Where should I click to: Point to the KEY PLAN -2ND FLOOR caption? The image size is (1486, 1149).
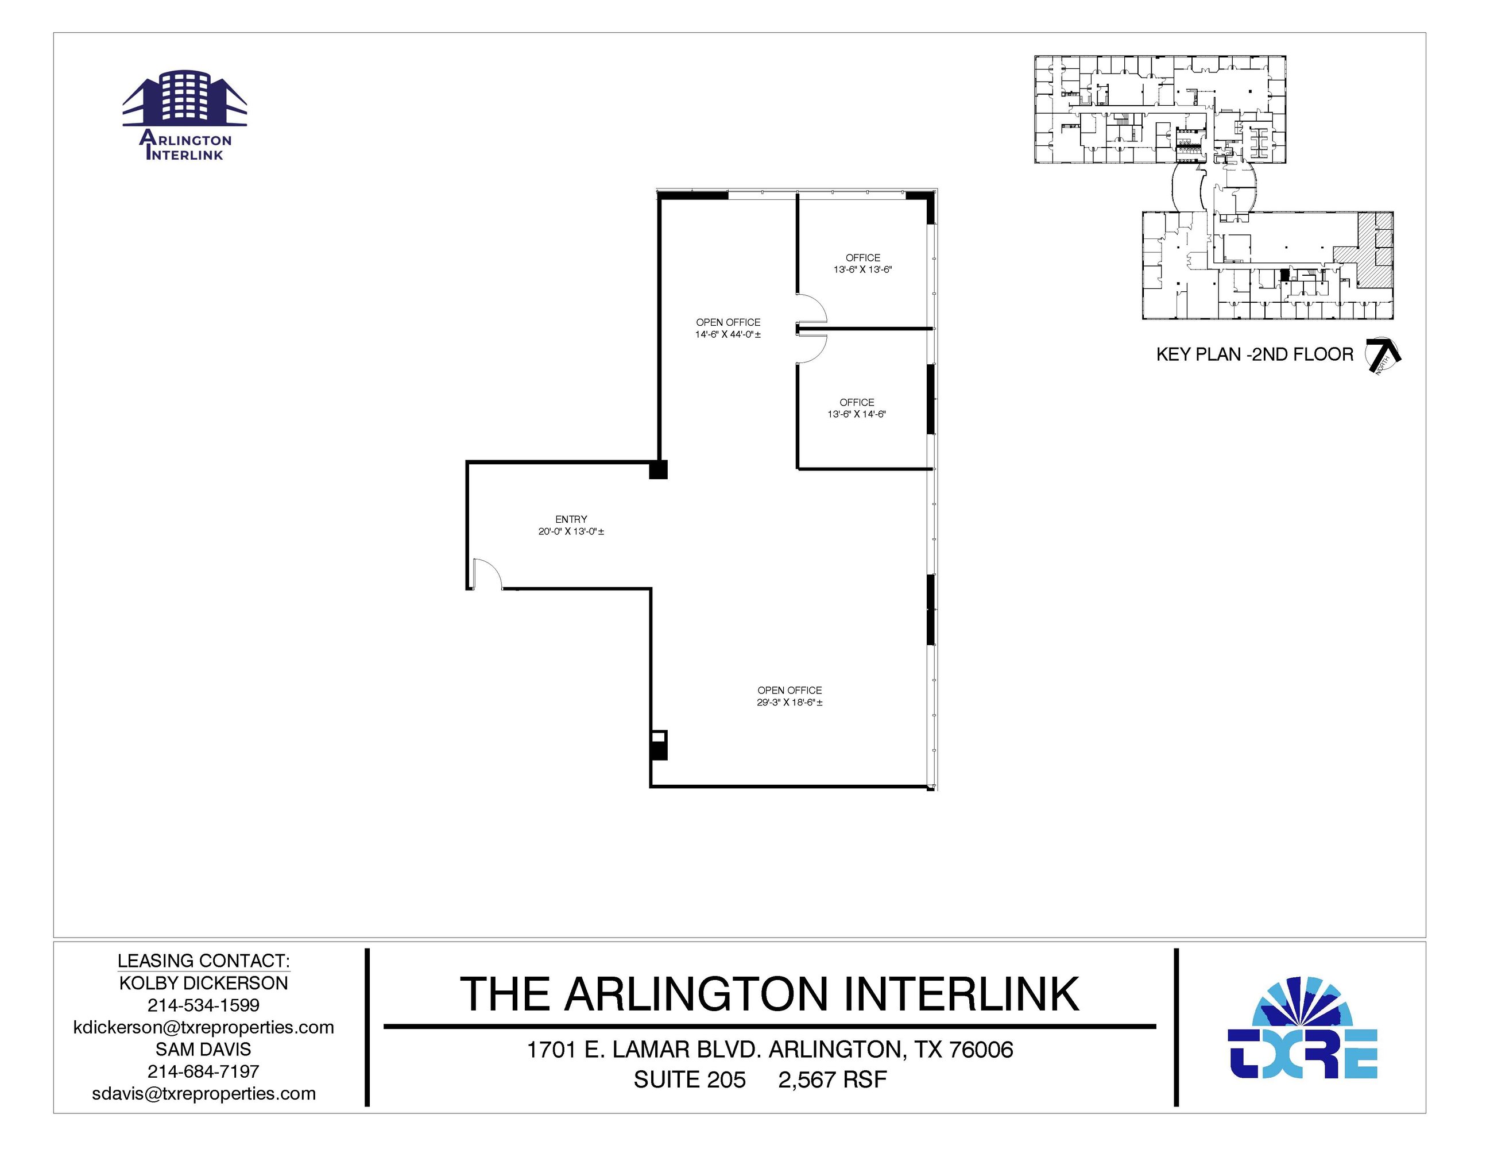1255,354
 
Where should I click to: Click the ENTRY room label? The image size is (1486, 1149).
571,519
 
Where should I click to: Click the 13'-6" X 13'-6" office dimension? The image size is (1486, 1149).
863,269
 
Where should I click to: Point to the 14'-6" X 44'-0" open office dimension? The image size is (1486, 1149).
728,335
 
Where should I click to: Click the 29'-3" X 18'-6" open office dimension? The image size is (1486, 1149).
790,703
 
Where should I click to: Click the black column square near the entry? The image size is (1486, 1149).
658,470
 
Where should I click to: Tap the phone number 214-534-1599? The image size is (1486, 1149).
203,1005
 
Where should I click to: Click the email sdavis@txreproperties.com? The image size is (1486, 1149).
203,1094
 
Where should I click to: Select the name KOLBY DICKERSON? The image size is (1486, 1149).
203,983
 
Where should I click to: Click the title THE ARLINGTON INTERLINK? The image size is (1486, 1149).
769,994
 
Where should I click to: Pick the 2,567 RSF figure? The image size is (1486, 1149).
833,1080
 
